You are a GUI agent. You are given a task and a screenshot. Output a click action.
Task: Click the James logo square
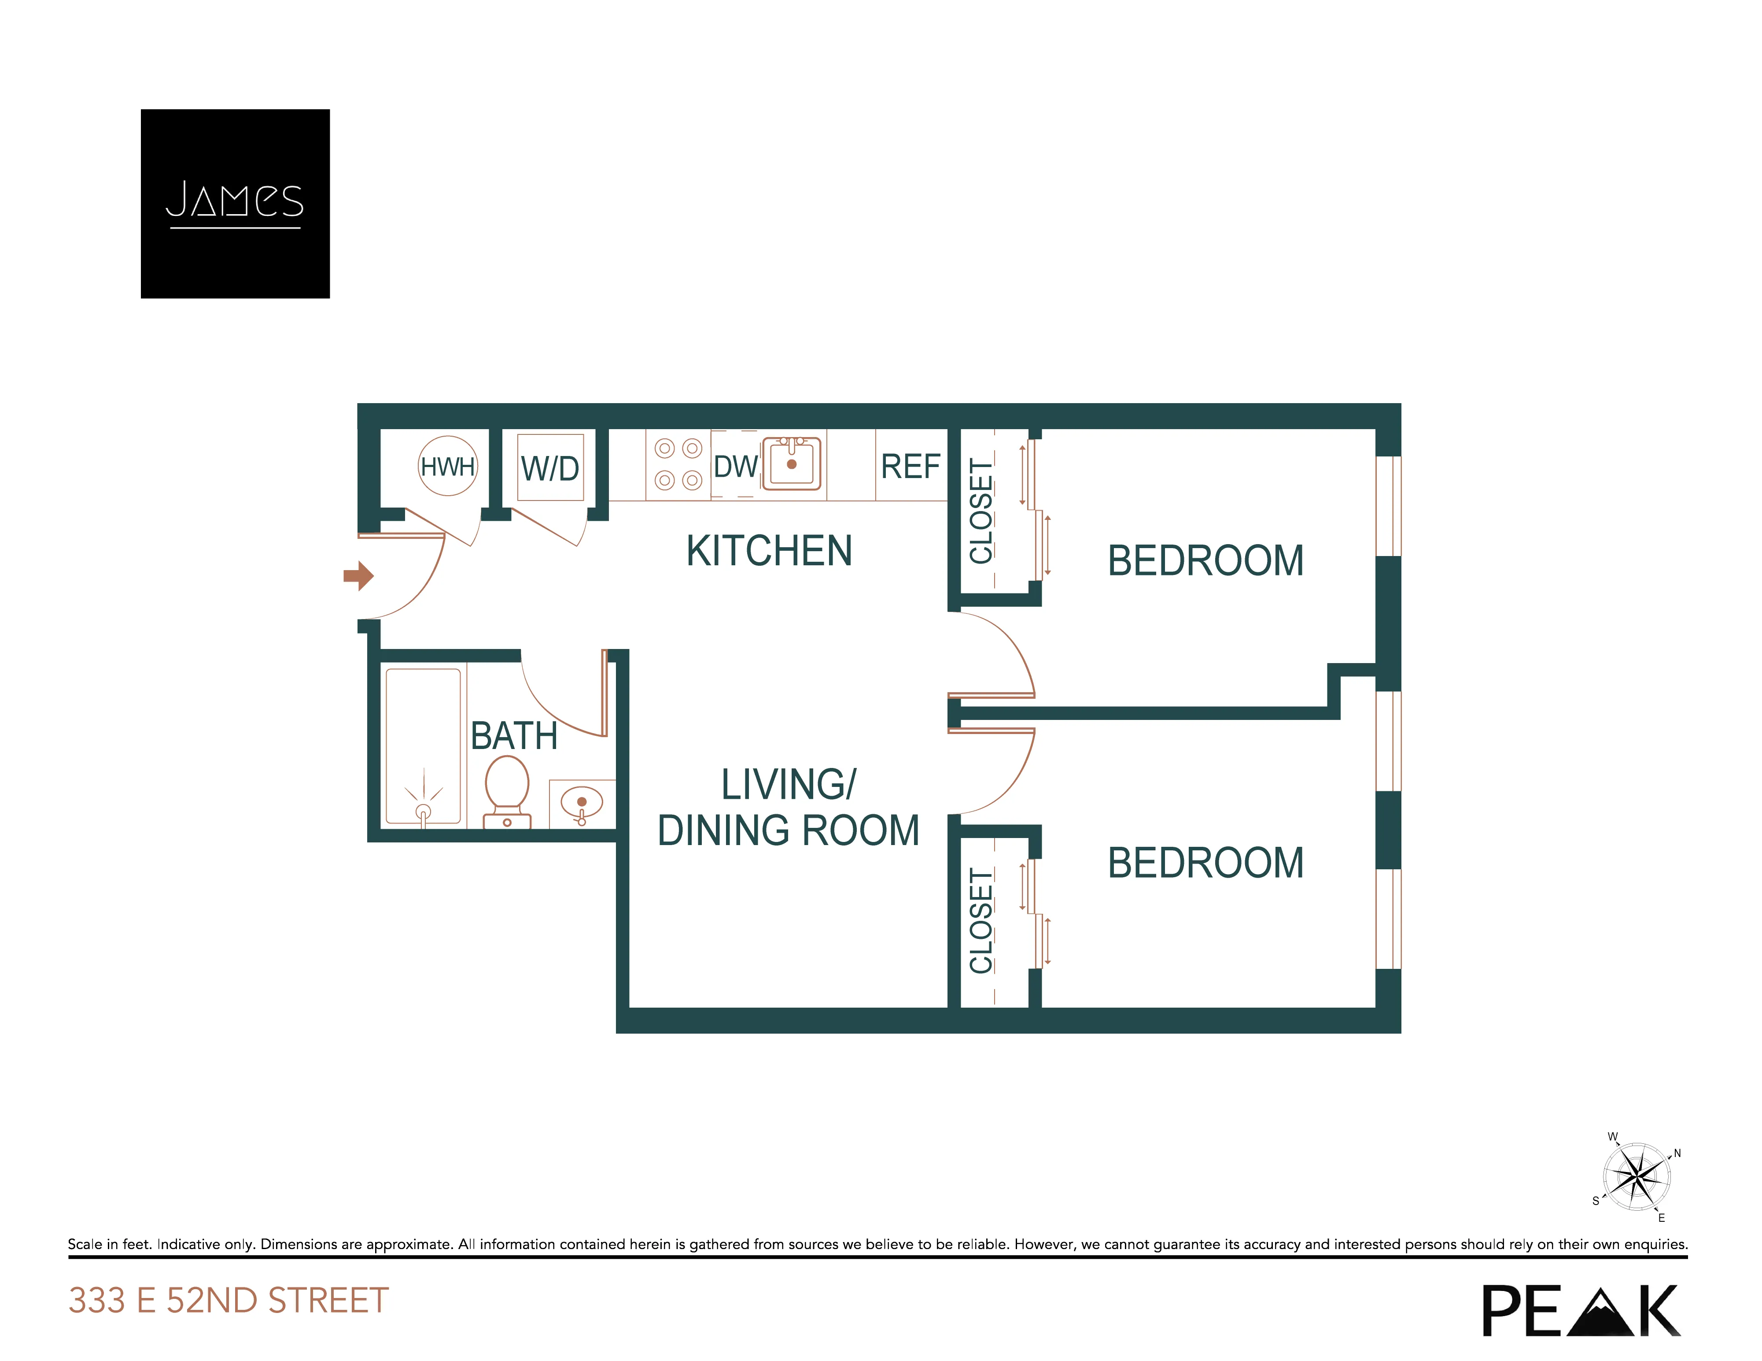tap(235, 204)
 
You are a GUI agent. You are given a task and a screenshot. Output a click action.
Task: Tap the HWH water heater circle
tap(448, 466)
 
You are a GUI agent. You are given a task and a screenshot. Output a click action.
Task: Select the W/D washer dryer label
tap(550, 468)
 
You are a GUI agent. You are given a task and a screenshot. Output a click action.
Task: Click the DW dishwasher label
tap(735, 467)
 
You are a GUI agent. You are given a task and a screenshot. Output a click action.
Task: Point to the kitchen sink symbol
tap(792, 464)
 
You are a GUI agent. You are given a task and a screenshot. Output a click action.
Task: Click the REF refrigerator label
tap(910, 467)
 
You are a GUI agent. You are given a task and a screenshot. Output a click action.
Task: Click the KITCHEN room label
tap(769, 551)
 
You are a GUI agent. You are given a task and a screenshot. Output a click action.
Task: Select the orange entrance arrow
tap(358, 575)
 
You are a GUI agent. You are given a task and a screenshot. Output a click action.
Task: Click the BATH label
tap(514, 736)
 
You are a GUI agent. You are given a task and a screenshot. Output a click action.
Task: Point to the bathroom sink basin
tap(582, 803)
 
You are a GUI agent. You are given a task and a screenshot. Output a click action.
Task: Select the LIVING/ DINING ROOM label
tap(788, 807)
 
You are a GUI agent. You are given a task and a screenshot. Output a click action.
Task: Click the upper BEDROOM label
tap(1205, 561)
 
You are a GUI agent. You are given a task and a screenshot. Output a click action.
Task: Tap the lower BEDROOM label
tap(1205, 863)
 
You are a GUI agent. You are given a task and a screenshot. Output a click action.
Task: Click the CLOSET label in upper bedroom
tap(980, 511)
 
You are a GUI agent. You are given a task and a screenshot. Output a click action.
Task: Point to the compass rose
tap(1636, 1177)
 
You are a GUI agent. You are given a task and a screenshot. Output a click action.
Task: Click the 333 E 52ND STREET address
tap(229, 1301)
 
